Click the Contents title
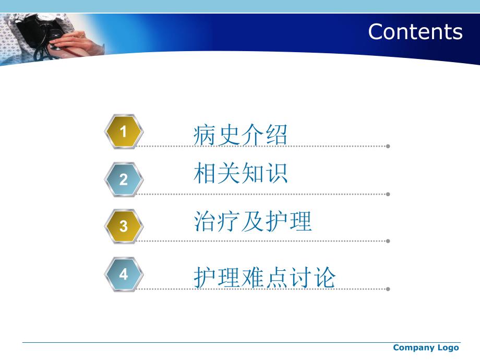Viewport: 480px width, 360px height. (x=415, y=31)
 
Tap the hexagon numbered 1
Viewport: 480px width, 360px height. (x=124, y=132)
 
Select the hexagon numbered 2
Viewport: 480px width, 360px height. (x=124, y=179)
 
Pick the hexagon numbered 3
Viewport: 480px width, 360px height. (x=124, y=226)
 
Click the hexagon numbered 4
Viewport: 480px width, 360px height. (x=124, y=274)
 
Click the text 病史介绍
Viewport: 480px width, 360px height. (x=240, y=135)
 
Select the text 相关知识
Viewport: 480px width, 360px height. (x=240, y=174)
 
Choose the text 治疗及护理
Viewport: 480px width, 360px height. (x=252, y=221)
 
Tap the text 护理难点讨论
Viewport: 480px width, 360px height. (x=264, y=278)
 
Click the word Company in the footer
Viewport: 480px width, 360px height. (x=413, y=348)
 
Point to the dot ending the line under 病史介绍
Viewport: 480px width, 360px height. (x=388, y=146)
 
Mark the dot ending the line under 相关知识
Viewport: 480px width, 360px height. (x=388, y=194)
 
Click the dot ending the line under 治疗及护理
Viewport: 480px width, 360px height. (x=388, y=241)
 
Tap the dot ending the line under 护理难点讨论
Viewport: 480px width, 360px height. (x=388, y=289)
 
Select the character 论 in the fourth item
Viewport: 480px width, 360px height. (x=325, y=278)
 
